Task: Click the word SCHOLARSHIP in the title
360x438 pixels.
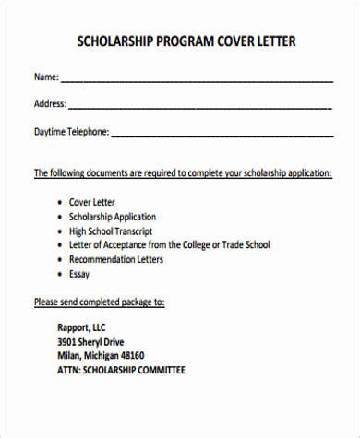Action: point(115,43)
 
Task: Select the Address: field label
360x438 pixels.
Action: point(50,103)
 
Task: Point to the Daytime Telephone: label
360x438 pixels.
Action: point(71,131)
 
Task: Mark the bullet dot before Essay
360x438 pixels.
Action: point(60,275)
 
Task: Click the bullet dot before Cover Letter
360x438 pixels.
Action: point(60,201)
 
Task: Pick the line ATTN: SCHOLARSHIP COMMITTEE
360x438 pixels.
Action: point(121,370)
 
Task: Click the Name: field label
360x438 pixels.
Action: point(46,77)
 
